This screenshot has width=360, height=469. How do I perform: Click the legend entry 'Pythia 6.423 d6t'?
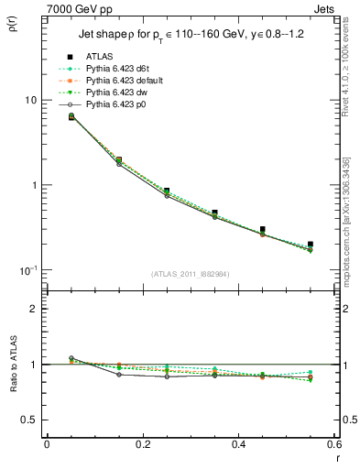(123, 69)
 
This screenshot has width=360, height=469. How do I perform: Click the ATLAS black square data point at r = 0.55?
(311, 245)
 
